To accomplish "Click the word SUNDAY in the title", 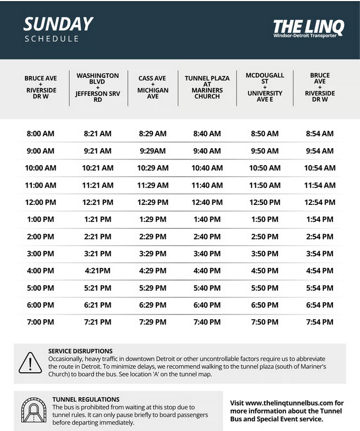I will tap(58, 24).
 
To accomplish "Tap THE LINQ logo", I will tap(308, 28).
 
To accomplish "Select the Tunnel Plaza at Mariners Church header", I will tap(207, 87).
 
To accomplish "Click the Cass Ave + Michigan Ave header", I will tap(152, 87).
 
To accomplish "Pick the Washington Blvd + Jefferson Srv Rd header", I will tap(97, 87).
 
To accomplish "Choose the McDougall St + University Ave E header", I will tap(265, 87).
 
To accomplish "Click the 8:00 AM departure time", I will tap(40, 134).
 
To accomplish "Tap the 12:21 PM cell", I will tap(97, 202).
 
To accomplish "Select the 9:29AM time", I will tap(152, 151).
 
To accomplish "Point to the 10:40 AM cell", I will tap(207, 168).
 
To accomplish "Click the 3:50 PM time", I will tap(265, 254).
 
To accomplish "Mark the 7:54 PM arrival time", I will tap(320, 322).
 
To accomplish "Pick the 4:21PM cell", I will tap(97, 271).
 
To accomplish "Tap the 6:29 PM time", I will tap(152, 305).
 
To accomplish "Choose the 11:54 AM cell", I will tap(320, 185).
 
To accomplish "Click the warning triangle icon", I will tap(30, 363).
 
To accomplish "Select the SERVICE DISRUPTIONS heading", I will tap(80, 351).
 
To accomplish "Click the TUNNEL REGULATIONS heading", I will tap(86, 399).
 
